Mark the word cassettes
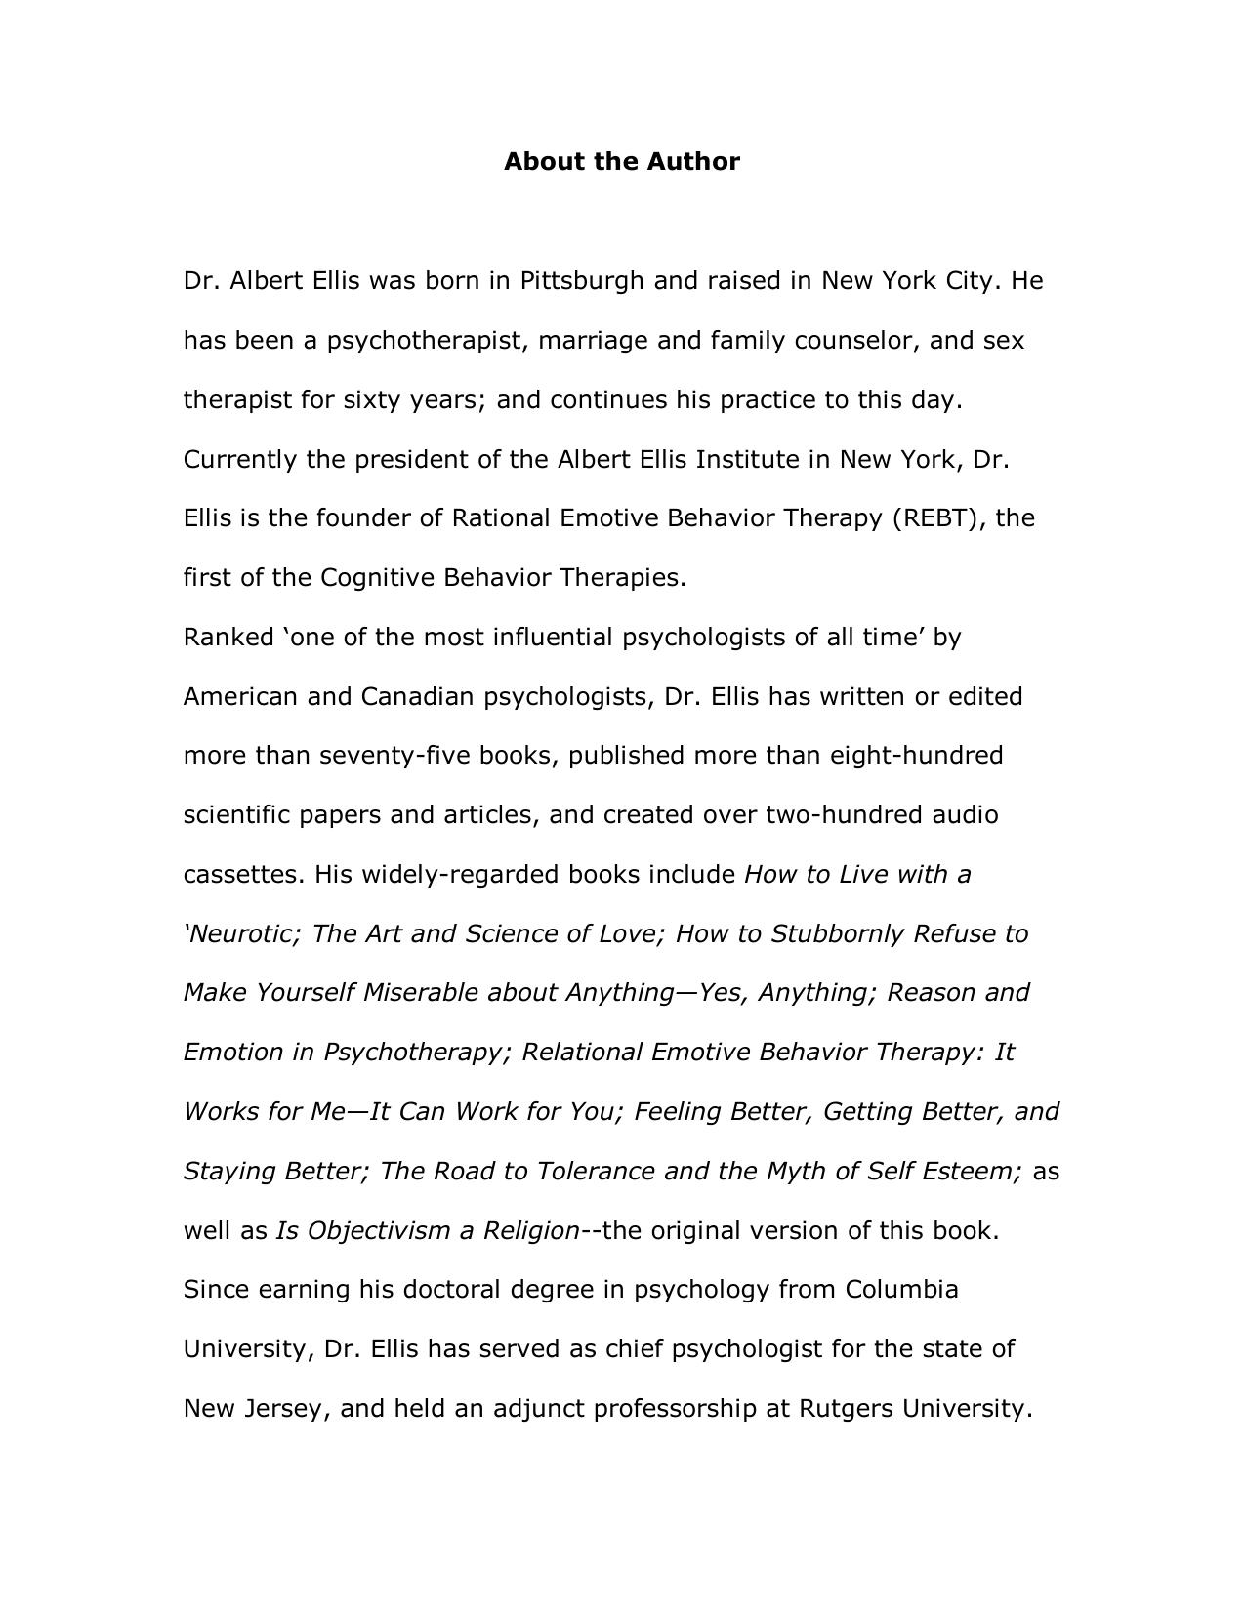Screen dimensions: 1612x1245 [x=244, y=874]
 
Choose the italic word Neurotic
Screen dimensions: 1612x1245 [x=245, y=933]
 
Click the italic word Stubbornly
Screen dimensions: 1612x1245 [x=837, y=933]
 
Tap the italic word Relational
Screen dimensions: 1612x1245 [x=582, y=1052]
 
